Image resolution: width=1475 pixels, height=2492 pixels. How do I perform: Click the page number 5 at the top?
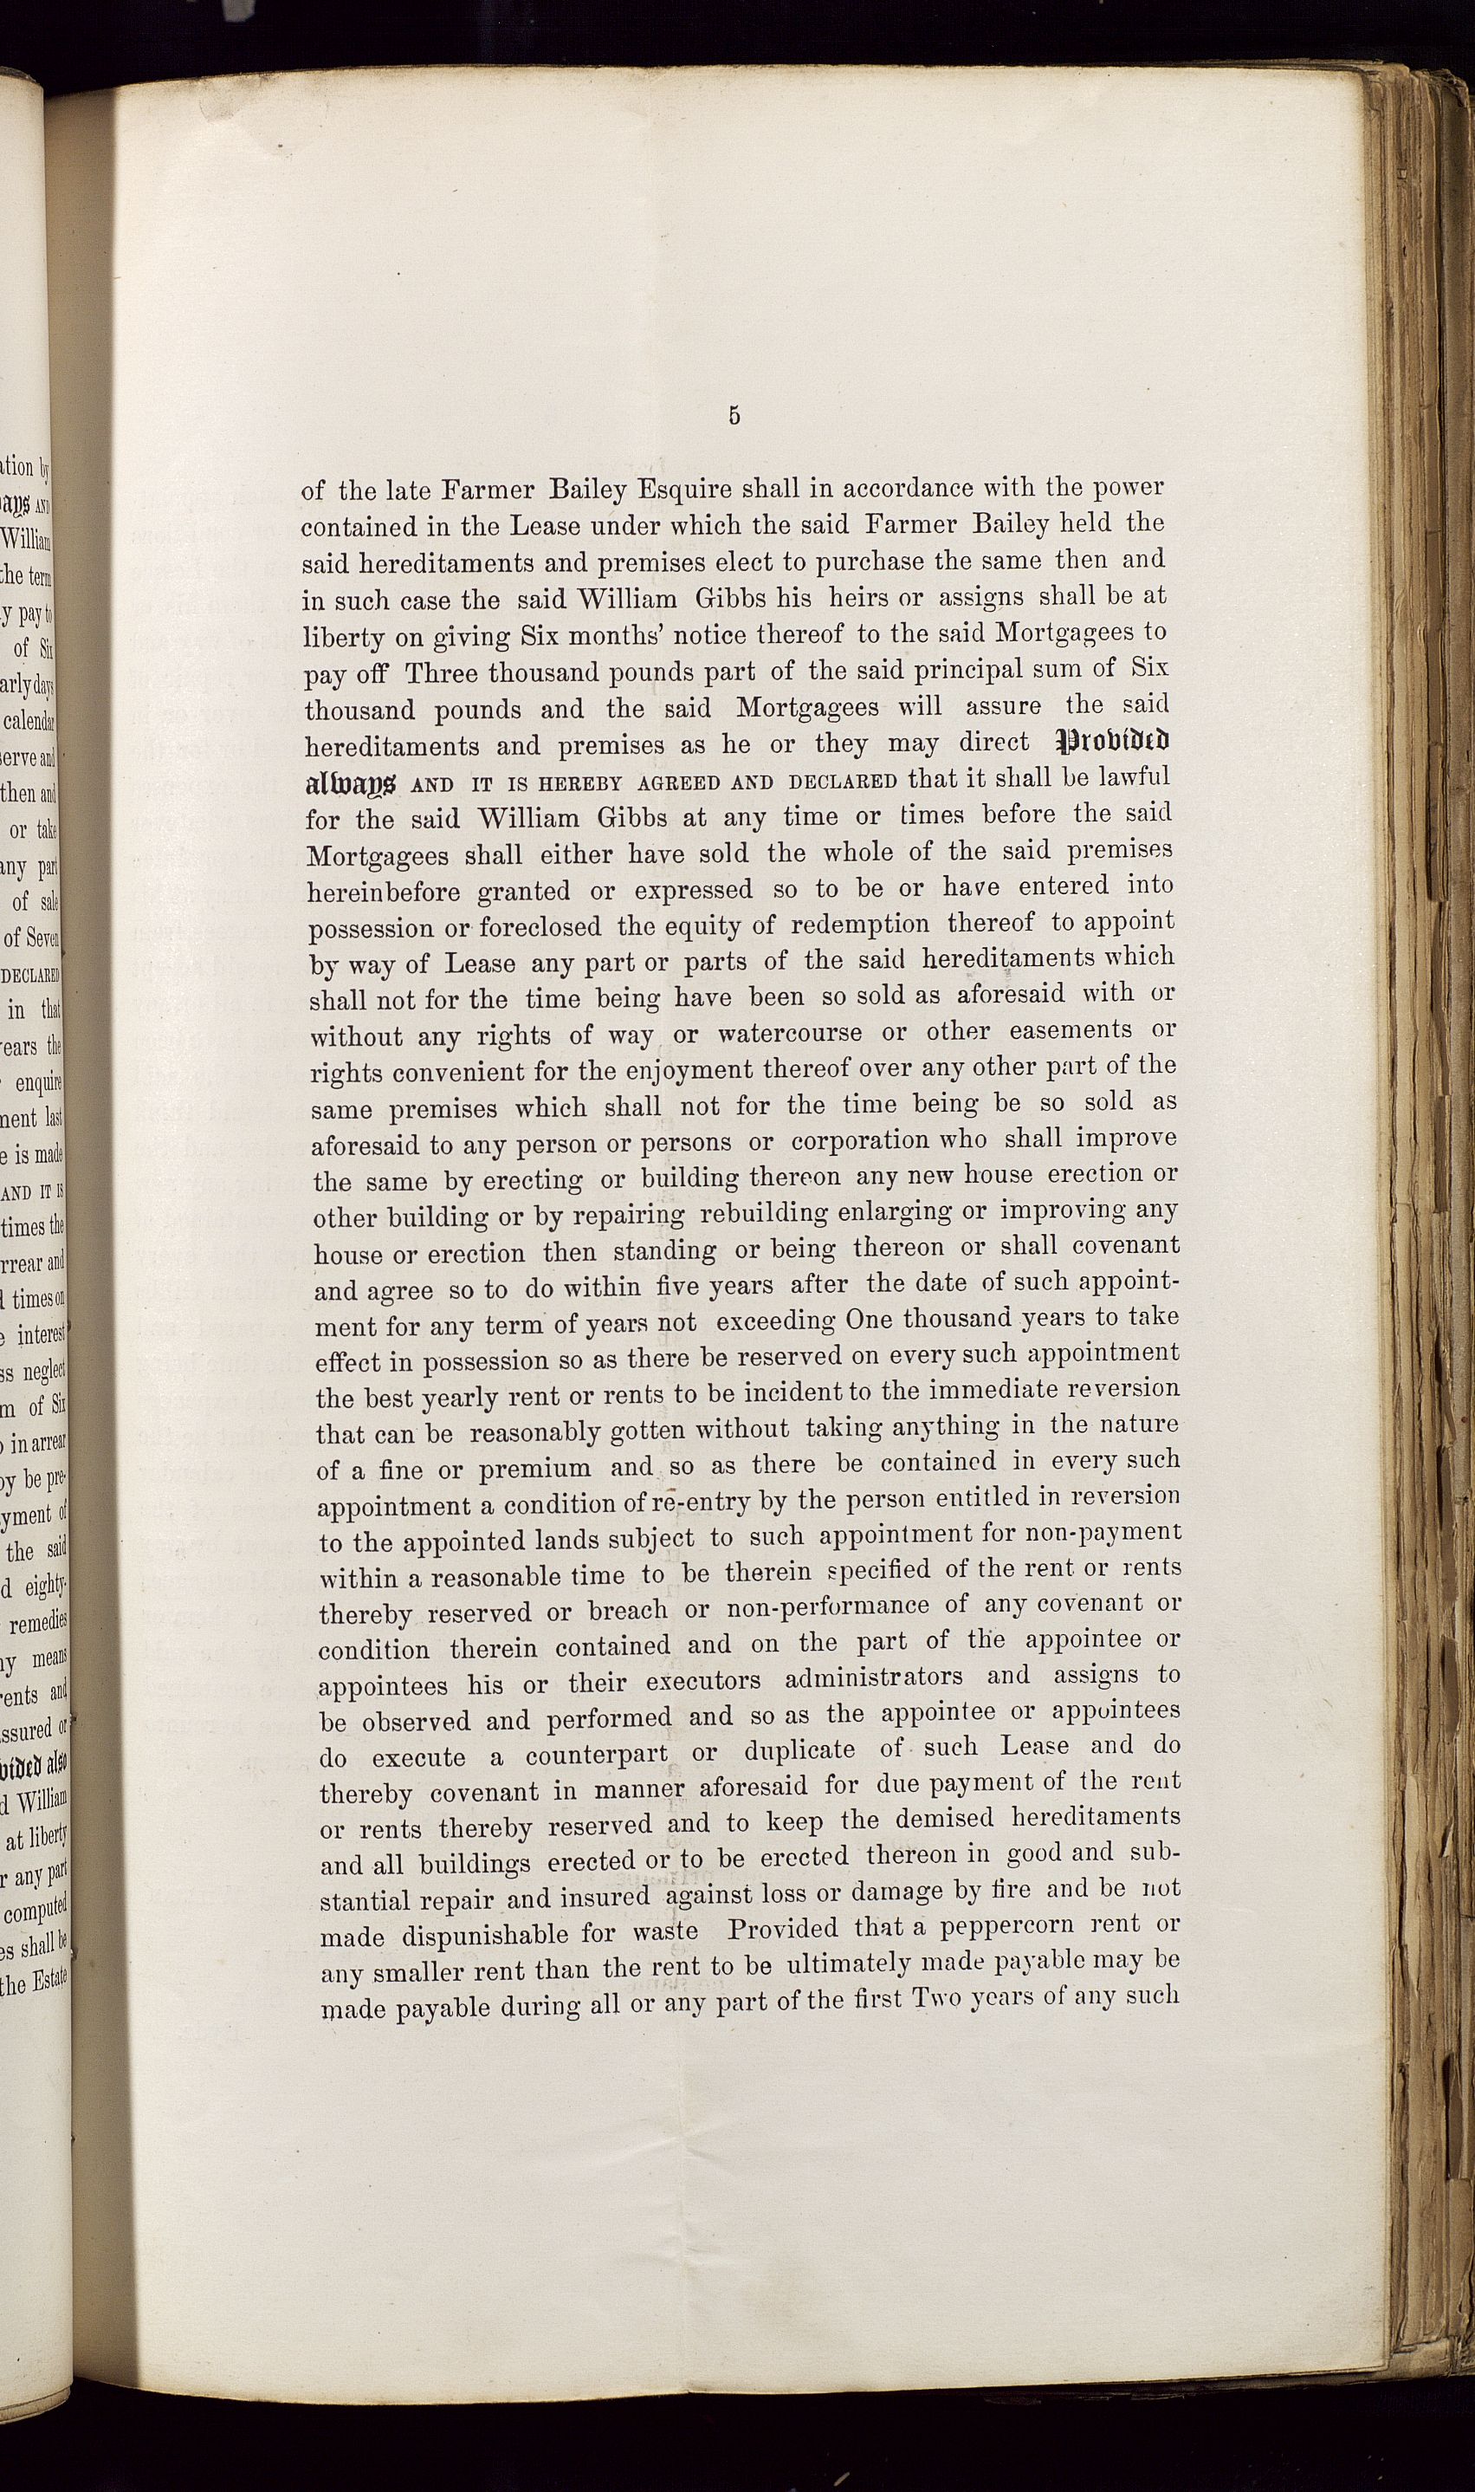pos(734,417)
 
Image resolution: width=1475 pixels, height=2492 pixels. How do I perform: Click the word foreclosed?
pos(540,926)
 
